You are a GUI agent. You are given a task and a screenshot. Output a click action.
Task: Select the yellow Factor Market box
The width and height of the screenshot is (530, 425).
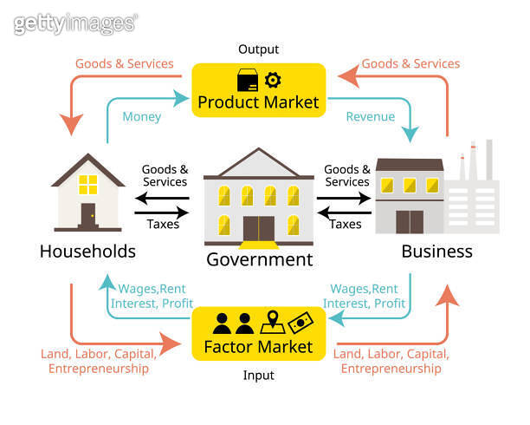[x=257, y=334]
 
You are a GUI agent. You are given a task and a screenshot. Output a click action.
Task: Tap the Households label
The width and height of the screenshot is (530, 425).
[x=87, y=252]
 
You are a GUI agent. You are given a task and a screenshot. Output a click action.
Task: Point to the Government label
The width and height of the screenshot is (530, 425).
[x=259, y=258]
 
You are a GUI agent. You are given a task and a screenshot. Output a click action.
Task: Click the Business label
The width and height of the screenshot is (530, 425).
[x=436, y=252]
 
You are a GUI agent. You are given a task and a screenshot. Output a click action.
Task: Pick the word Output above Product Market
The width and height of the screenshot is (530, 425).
[x=258, y=49]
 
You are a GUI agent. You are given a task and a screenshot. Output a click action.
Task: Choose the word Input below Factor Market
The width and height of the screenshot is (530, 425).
[x=258, y=375]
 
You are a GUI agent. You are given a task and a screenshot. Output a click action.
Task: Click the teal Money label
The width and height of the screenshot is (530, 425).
[x=142, y=117]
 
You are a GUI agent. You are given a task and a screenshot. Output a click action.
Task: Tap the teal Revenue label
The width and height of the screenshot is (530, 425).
[x=371, y=117]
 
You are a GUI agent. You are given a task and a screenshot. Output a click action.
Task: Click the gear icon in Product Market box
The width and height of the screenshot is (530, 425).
[x=273, y=81]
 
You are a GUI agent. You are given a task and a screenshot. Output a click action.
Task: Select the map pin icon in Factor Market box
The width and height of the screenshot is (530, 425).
[x=270, y=322]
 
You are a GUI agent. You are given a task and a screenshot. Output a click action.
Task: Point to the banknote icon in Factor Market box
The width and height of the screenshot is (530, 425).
[x=300, y=322]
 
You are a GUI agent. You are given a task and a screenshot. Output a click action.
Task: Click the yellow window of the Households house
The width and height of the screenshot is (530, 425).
[x=88, y=183]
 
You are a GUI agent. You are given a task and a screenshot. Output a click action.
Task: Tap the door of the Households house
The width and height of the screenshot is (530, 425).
[x=88, y=215]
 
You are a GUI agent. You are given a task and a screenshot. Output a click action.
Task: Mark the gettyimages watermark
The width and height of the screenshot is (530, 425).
[x=75, y=23]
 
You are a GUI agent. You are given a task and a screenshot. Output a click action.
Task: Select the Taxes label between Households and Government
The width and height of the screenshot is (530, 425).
[x=163, y=224]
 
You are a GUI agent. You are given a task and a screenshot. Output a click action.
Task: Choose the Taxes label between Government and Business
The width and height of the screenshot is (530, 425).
[x=345, y=224]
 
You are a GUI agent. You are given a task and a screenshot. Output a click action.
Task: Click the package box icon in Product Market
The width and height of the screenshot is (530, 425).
[x=247, y=81]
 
